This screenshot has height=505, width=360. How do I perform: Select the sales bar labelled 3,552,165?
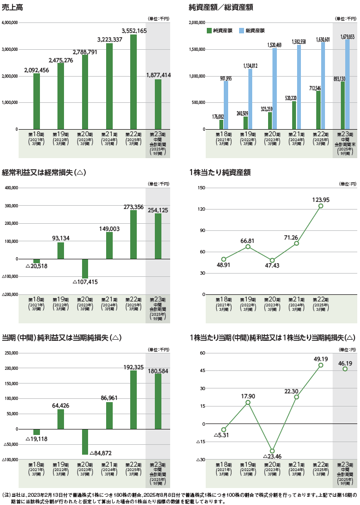point(133,82)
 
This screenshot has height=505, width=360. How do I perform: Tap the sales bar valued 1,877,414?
point(158,104)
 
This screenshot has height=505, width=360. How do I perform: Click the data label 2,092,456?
point(36,70)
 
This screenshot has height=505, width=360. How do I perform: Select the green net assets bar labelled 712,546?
point(318,110)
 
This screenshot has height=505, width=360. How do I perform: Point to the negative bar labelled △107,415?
point(85,268)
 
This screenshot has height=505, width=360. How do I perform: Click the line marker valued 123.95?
point(321,206)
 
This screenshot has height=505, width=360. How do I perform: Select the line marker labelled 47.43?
point(272,260)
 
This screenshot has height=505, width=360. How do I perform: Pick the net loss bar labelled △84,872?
point(85,442)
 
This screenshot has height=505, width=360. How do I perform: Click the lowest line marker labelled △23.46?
point(272,451)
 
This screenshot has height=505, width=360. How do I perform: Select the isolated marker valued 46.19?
point(345,369)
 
